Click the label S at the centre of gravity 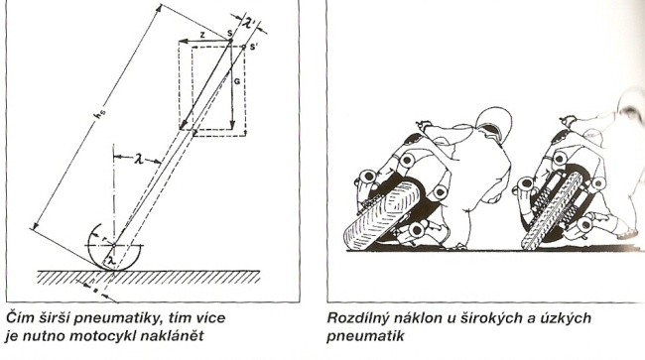(229, 33)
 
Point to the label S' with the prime (254, 47)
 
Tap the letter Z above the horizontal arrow (202, 36)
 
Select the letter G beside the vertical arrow (237, 81)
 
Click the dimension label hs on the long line (98, 116)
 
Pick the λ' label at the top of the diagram (250, 22)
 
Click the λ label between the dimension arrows (139, 159)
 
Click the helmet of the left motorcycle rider (493, 122)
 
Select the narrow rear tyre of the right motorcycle (551, 210)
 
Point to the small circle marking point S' (244, 48)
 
